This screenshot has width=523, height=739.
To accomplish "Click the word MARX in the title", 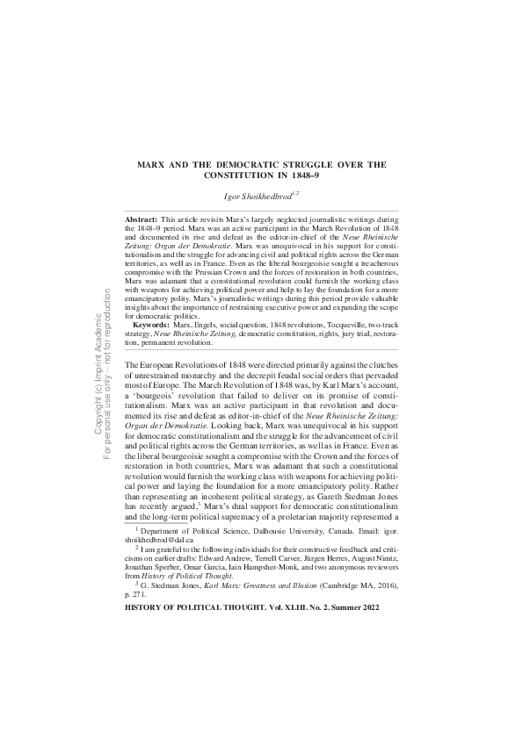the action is pyautogui.click(x=155, y=163).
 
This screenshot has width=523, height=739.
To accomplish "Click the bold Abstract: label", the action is pyautogui.click(x=141, y=217).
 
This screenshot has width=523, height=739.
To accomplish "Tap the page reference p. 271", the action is pyautogui.click(x=139, y=595).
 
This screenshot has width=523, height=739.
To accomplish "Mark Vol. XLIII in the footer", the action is pyautogui.click(x=285, y=607).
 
